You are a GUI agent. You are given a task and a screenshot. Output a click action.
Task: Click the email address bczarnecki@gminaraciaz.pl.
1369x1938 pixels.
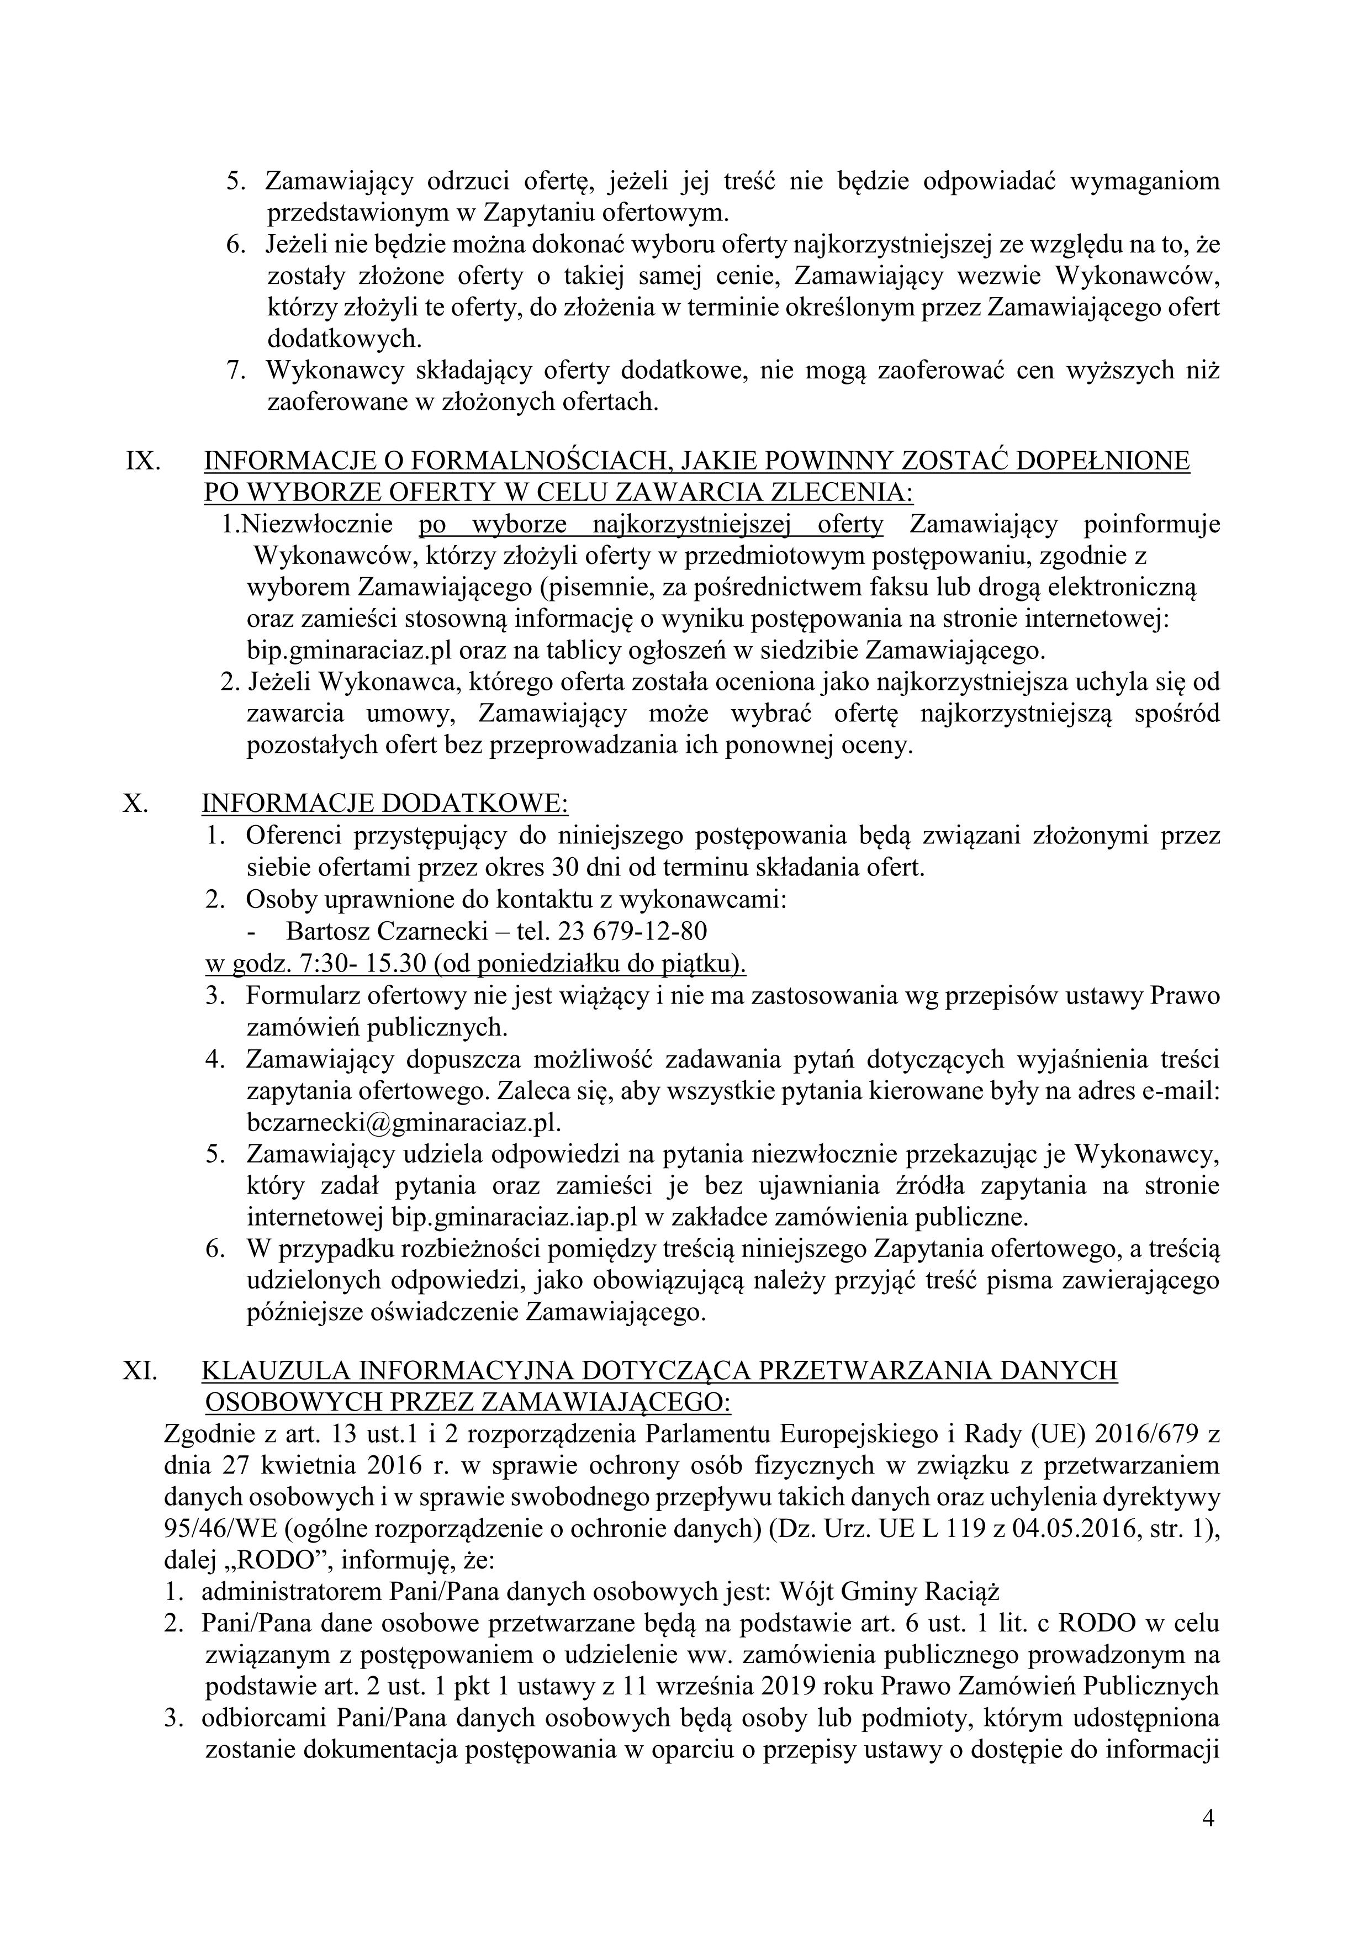point(404,1123)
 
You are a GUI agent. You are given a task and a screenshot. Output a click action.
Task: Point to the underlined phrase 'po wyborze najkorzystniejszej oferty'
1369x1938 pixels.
point(651,525)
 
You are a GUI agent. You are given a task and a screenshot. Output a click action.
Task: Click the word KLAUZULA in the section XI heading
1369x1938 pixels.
point(271,1370)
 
